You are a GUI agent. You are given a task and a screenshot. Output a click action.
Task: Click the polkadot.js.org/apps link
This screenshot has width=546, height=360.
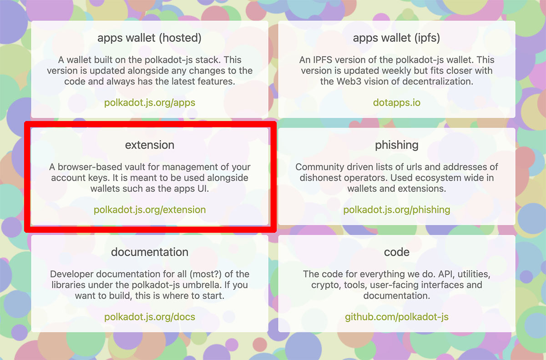tap(150, 103)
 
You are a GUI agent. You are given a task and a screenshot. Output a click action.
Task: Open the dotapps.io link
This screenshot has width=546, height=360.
tap(397, 103)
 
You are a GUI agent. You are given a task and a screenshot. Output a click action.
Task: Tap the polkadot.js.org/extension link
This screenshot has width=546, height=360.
tap(150, 210)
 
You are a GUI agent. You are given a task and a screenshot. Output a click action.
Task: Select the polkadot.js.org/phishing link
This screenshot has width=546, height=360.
tap(397, 210)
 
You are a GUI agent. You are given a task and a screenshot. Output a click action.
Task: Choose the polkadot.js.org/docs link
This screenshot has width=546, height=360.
tap(150, 317)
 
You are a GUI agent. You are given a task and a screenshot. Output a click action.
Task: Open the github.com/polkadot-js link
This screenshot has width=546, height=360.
tap(397, 317)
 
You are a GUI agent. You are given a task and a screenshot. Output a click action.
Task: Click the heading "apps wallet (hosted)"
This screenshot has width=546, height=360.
tap(149, 38)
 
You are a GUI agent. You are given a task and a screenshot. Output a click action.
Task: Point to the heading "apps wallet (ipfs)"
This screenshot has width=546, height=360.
tap(397, 38)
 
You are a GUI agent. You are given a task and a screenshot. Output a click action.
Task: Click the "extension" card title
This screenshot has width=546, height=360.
tap(150, 145)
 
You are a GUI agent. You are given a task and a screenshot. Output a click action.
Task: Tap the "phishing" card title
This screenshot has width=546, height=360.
tap(397, 146)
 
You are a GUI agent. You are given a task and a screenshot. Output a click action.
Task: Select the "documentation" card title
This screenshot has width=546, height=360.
tap(150, 252)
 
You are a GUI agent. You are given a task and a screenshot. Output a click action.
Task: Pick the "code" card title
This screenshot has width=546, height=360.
tap(397, 252)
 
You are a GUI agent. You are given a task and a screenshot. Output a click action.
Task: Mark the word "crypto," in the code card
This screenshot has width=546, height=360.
tap(326, 285)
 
